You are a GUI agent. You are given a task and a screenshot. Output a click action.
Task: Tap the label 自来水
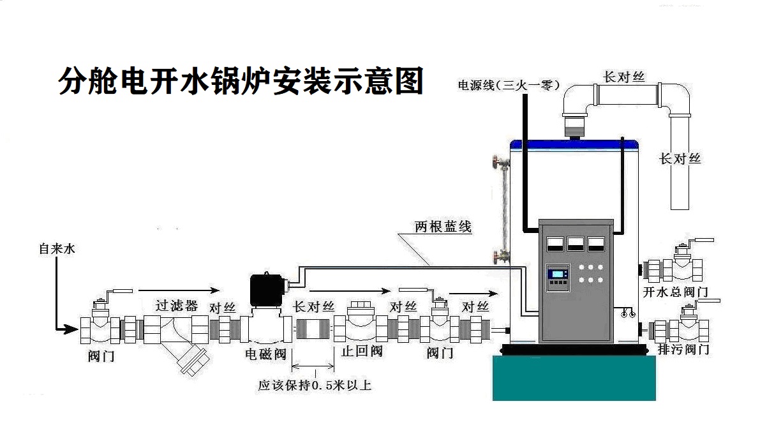[57, 249]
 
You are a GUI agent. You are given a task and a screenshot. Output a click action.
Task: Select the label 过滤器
[177, 304]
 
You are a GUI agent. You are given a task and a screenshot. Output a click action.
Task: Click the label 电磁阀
[265, 354]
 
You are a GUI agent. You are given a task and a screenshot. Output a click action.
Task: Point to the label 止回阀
[362, 351]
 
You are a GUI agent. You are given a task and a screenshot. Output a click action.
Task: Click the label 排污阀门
[682, 349]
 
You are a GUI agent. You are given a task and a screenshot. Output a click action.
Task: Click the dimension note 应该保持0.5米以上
[315, 386]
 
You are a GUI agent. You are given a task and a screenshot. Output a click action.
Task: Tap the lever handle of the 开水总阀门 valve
[702, 242]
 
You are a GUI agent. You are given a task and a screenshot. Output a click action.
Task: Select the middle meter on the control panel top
[576, 243]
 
